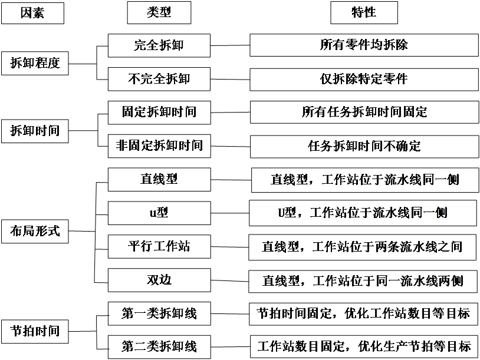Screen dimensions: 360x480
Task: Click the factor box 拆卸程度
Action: click(35, 63)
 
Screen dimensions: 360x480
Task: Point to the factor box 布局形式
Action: click(35, 231)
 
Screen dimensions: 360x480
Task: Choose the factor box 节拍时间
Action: click(35, 330)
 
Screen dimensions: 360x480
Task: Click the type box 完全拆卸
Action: click(159, 45)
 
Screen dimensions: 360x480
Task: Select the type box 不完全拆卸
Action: click(159, 78)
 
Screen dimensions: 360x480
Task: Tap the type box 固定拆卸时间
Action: click(159, 112)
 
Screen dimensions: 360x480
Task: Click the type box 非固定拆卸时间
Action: click(159, 146)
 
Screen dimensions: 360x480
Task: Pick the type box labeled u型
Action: click(159, 213)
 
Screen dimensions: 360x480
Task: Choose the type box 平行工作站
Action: click(159, 246)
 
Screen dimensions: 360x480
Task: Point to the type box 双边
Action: click(159, 280)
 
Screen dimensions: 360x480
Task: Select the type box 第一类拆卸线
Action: click(159, 313)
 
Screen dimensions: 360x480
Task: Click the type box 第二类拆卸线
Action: click(159, 346)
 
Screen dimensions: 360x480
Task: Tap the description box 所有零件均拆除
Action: click(364, 45)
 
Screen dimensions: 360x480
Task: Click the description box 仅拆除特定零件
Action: click(364, 78)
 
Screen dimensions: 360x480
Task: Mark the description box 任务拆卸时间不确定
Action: click(364, 146)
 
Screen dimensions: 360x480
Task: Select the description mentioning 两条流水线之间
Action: click(364, 246)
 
